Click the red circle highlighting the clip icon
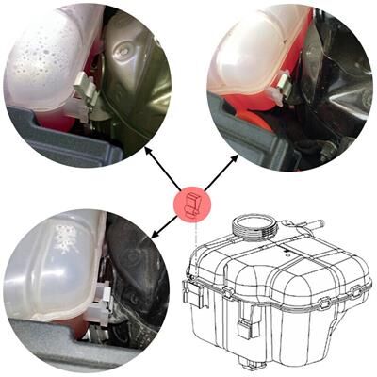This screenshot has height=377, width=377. click(192, 202)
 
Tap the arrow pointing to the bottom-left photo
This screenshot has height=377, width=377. click(161, 225)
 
